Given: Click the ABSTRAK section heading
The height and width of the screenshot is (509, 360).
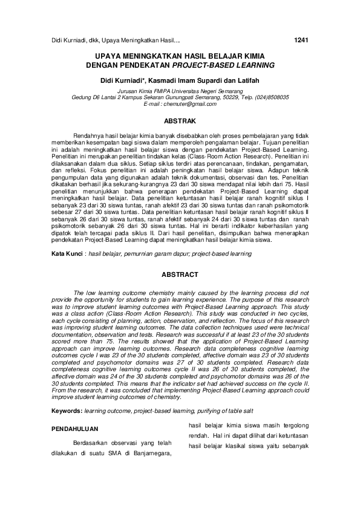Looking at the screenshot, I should [180, 121].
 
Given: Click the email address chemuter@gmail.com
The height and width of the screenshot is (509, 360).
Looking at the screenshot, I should [180, 104].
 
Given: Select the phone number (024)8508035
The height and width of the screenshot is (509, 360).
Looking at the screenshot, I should [268, 97].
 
